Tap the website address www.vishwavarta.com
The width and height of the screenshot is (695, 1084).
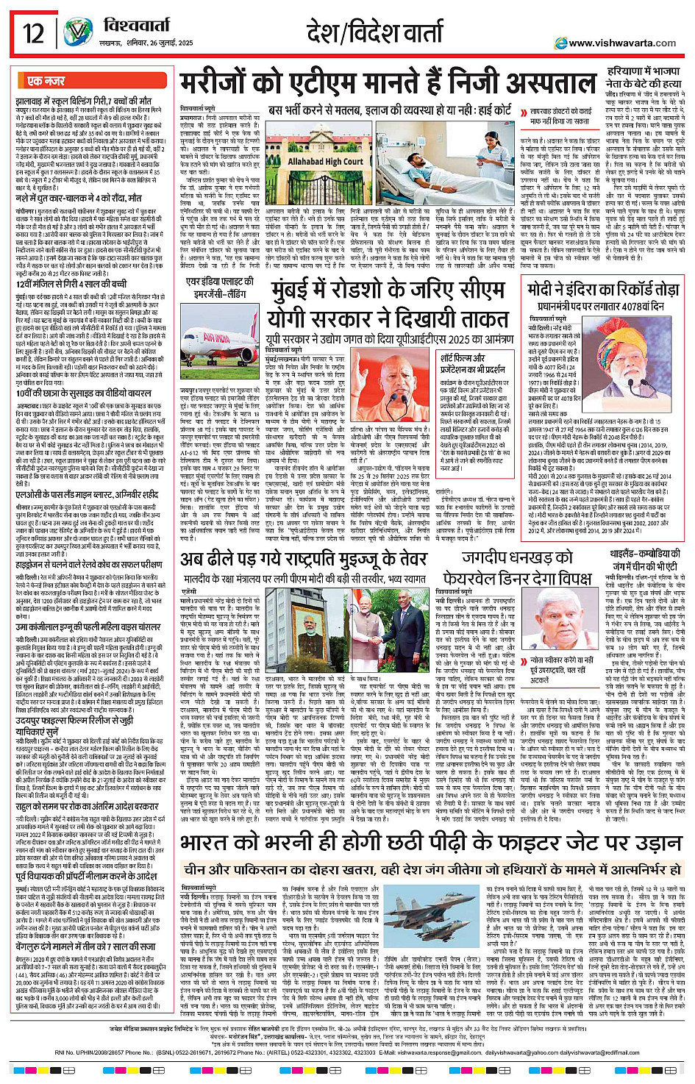coord(622,43)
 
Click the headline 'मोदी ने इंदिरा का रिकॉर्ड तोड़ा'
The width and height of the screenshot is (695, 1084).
coord(602,288)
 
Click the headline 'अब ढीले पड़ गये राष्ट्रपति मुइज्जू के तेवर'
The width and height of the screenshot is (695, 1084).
coord(304,559)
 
